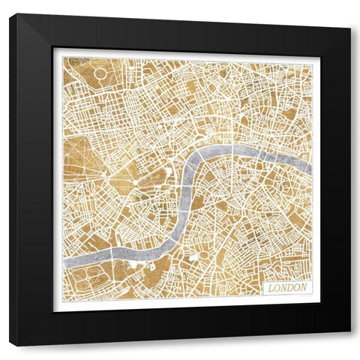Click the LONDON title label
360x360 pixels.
(x=285, y=286)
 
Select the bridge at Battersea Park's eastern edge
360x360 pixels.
(x=113, y=255)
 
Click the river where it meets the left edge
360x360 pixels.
(x=66, y=262)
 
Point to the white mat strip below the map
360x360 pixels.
(x=187, y=304)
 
